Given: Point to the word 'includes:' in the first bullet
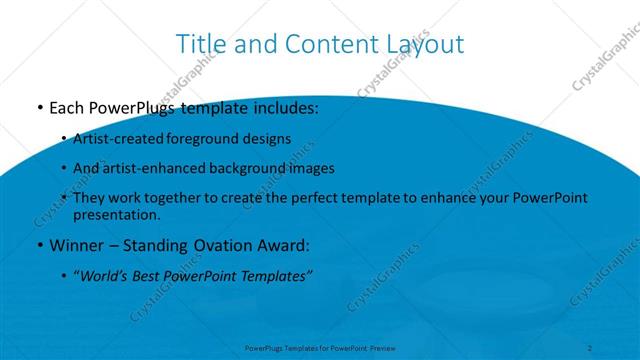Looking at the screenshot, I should pos(286,106).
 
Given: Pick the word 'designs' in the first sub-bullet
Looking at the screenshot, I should pos(266,139).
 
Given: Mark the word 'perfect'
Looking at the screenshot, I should pos(311,198).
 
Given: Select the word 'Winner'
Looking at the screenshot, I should pos(77,244).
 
